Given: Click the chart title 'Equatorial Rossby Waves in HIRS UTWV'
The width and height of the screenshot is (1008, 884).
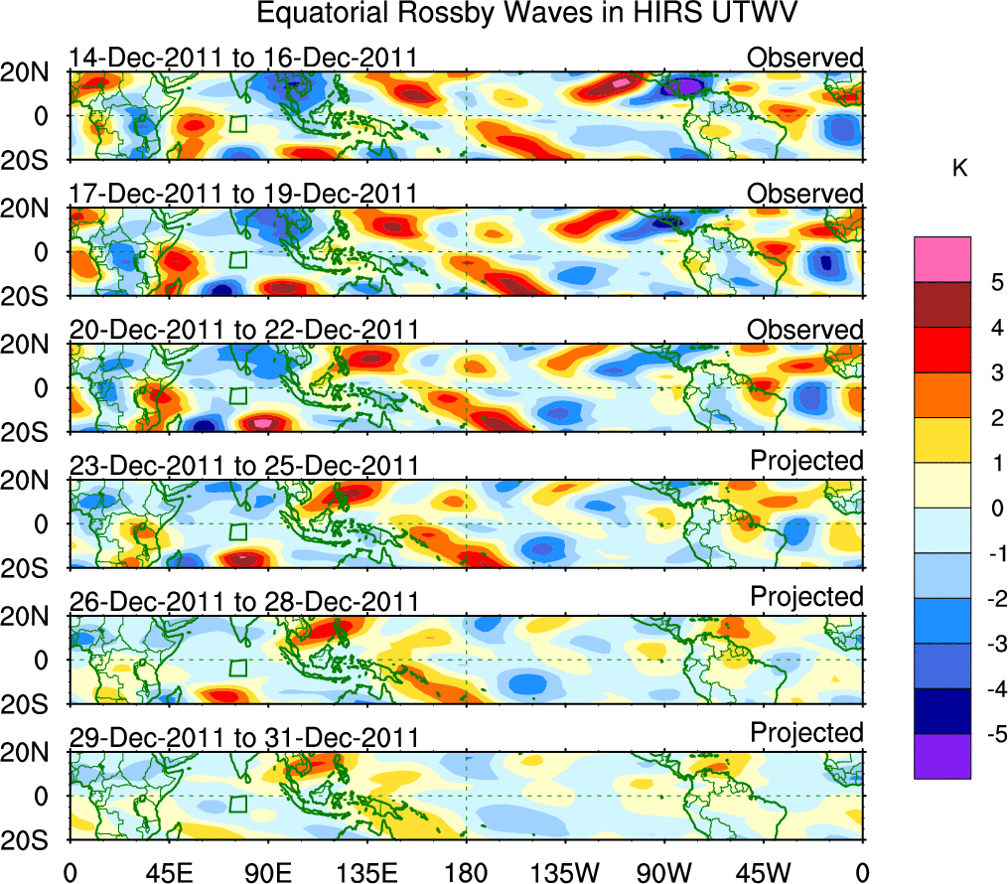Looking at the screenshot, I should [x=527, y=14].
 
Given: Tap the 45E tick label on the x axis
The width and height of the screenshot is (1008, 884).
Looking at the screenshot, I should [x=168, y=871].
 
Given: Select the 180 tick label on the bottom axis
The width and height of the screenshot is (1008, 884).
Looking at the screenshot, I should [x=466, y=871].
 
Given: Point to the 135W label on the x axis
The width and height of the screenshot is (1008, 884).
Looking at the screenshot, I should [x=565, y=871].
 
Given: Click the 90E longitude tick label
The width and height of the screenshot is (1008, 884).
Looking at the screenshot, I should [x=267, y=871].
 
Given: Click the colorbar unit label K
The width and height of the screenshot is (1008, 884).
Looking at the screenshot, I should [x=959, y=170].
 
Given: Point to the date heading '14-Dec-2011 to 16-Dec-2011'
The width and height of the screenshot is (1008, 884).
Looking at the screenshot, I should [x=242, y=58].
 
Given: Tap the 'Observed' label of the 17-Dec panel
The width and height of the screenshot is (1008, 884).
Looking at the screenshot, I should [x=805, y=193].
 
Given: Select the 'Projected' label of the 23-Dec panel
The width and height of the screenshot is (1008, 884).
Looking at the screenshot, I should [x=806, y=460].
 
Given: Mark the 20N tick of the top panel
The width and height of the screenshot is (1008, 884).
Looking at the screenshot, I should [x=34, y=72].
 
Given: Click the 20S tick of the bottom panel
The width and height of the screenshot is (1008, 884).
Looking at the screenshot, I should [x=34, y=839].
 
